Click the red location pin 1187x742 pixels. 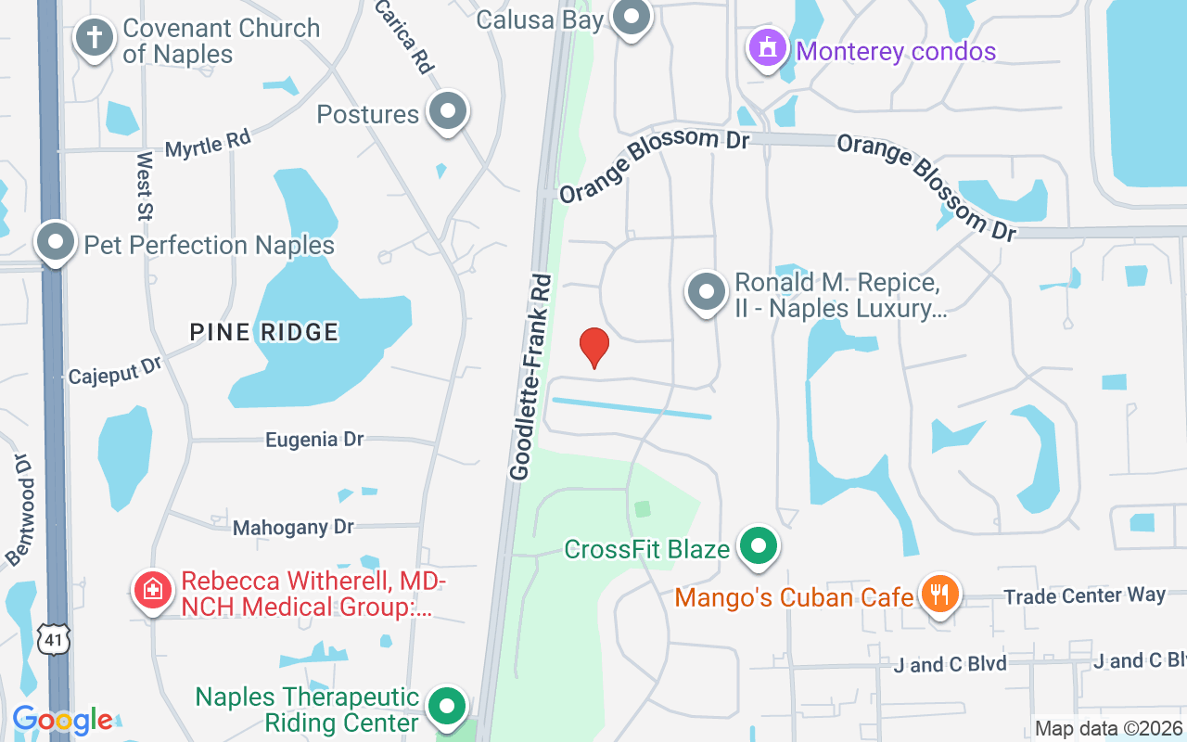[594, 347]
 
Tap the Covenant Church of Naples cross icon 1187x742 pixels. [94, 39]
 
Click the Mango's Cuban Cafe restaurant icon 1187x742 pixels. [940, 593]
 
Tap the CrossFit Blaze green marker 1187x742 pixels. [759, 545]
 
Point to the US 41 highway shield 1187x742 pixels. [53, 638]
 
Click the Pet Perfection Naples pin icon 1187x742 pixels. [56, 243]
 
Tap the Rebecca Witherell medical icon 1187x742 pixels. [153, 589]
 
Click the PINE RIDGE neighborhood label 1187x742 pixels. [264, 331]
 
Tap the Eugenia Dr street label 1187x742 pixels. [314, 440]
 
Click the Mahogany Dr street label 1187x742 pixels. [293, 527]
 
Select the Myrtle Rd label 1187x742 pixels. [208, 145]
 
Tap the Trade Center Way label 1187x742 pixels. [1085, 595]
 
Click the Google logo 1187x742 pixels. [62, 720]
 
